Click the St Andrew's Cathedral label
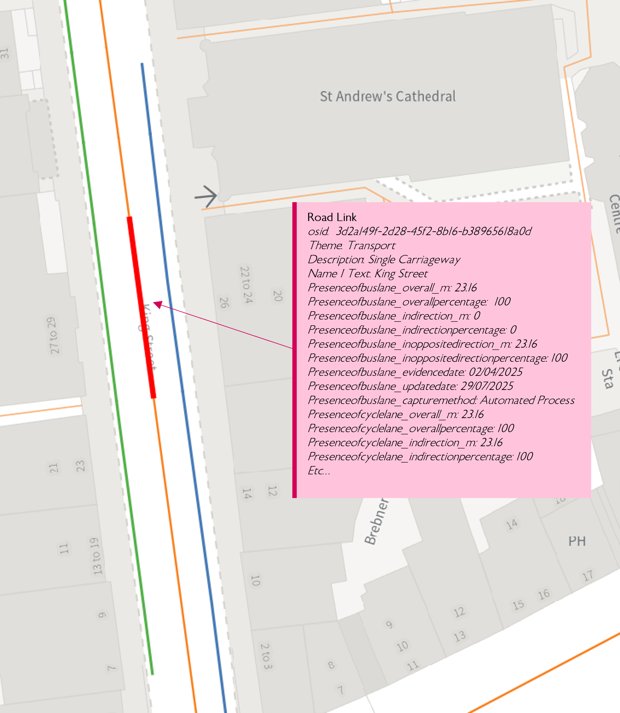(x=388, y=97)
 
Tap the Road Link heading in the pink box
(x=332, y=217)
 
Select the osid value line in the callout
(x=419, y=231)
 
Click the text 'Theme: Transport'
(x=351, y=245)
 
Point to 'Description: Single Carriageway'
(x=384, y=260)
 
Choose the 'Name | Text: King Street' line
(x=367, y=274)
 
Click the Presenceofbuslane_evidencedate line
(x=415, y=372)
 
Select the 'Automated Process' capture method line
(x=441, y=400)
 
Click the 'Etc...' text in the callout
(x=319, y=471)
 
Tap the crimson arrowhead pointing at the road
(x=157, y=304)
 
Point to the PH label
(x=577, y=541)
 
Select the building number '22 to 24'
(x=246, y=284)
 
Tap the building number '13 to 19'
(x=96, y=556)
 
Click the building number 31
(x=4, y=53)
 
